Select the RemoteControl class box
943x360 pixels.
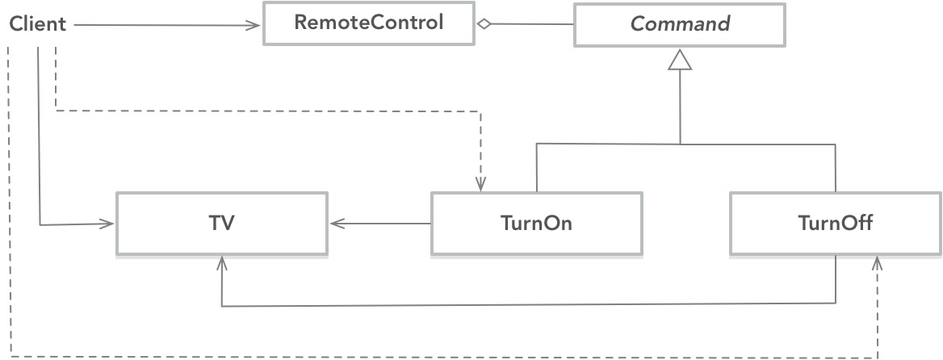coord(368,23)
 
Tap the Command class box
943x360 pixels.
coord(680,24)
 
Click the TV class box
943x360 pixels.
coord(221,224)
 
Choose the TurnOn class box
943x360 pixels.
coord(536,224)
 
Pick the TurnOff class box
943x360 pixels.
coord(835,224)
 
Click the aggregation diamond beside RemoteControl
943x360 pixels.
coord(482,24)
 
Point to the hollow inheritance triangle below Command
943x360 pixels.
coord(681,59)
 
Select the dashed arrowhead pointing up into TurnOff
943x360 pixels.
coord(878,264)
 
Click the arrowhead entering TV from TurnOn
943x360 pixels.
coord(334,224)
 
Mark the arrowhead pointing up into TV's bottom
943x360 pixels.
coord(221,264)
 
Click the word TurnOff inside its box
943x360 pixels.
coord(835,224)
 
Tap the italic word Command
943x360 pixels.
coord(680,24)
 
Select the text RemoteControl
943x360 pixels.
coord(368,23)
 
